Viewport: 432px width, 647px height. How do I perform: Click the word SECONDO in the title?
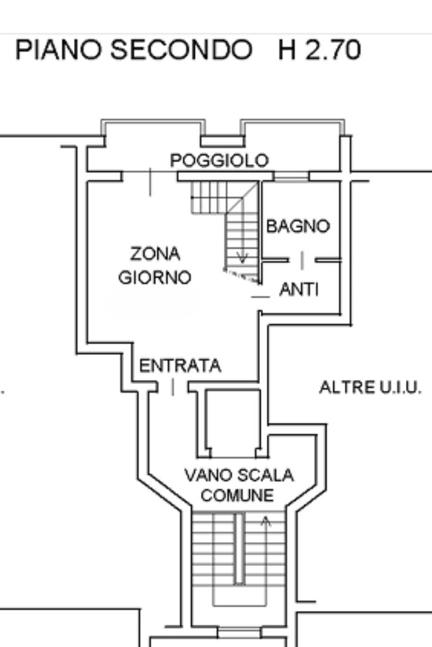(x=180, y=51)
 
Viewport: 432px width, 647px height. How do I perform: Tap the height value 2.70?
(x=333, y=51)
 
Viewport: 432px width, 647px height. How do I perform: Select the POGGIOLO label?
(x=219, y=161)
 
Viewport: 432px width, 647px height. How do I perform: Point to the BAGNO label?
(x=298, y=226)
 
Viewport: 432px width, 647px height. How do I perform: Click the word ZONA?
(x=155, y=254)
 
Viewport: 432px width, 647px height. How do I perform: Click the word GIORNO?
(x=155, y=277)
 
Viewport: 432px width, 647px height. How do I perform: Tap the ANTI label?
(x=299, y=290)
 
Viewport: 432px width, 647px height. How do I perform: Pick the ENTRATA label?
(x=180, y=366)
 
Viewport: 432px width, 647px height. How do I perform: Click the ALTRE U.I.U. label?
(x=370, y=387)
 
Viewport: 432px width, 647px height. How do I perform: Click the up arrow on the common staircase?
(x=266, y=521)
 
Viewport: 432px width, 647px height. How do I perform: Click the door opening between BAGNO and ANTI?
(x=302, y=260)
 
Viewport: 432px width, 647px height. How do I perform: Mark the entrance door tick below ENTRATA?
(x=173, y=387)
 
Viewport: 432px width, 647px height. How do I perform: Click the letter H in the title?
(x=288, y=51)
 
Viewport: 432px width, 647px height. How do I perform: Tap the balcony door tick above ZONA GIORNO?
(x=150, y=182)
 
